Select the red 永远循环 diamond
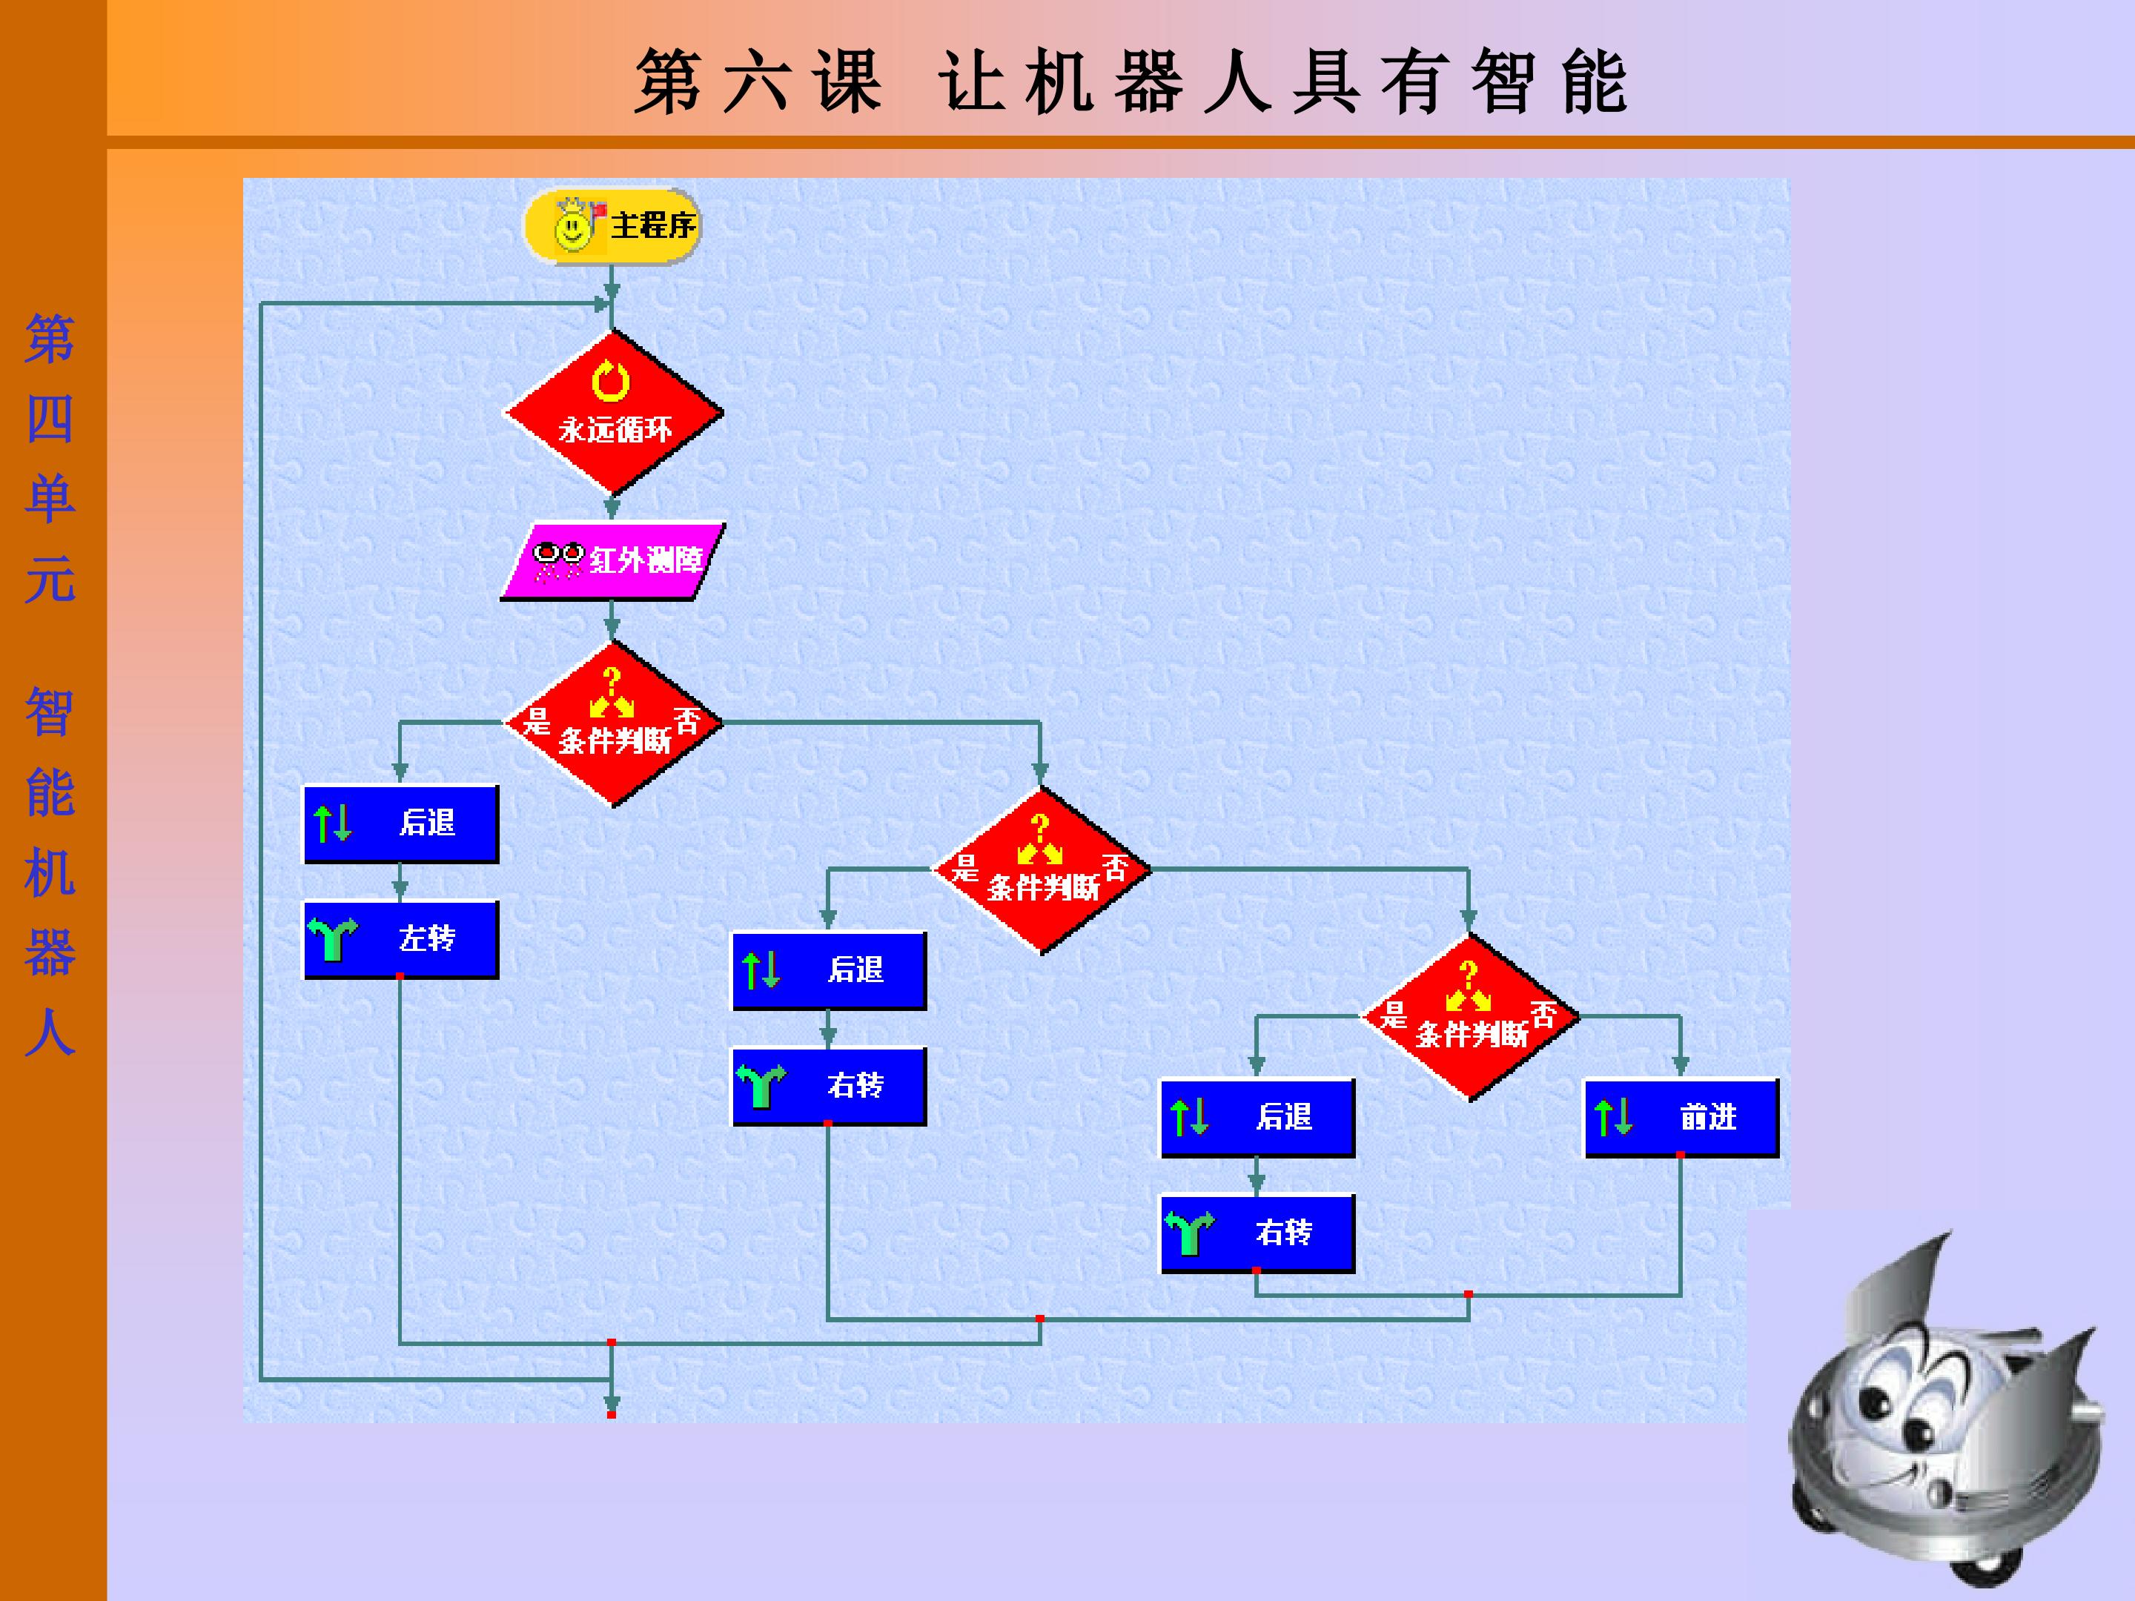(x=613, y=412)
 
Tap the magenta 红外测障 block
(x=613, y=560)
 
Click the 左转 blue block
(x=402, y=939)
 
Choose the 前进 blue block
(x=1681, y=1118)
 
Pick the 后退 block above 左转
(x=402, y=823)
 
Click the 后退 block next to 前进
(x=1257, y=1118)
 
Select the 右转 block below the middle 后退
(x=829, y=1086)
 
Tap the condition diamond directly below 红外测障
(x=613, y=723)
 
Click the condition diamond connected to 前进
(x=1469, y=1017)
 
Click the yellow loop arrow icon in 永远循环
(x=611, y=381)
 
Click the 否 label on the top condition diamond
(x=687, y=719)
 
